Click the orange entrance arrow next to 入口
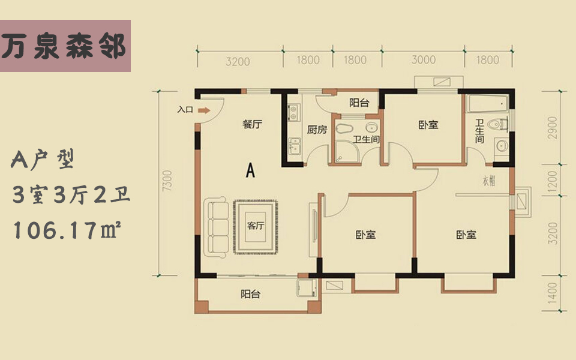204,110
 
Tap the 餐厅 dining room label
253,124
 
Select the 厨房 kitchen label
317,130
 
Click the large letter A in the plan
251,170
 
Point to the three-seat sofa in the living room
217,227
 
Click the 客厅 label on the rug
256,225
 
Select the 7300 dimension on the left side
167,181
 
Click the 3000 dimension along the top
424,59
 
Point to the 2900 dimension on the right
553,127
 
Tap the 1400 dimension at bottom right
553,293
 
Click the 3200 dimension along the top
238,61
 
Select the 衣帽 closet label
489,181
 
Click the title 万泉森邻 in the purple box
64,47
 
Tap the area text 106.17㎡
67,230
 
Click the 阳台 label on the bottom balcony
251,294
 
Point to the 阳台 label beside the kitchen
359,103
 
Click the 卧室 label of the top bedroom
428,125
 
